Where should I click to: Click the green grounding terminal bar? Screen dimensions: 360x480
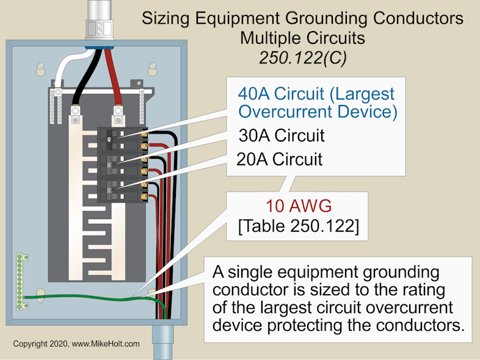[20, 280]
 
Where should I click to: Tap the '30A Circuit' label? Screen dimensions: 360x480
[281, 135]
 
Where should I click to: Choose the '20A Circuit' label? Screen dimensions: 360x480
[279, 159]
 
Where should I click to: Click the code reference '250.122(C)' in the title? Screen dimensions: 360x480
[302, 57]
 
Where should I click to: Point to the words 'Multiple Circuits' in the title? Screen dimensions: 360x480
[302, 38]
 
